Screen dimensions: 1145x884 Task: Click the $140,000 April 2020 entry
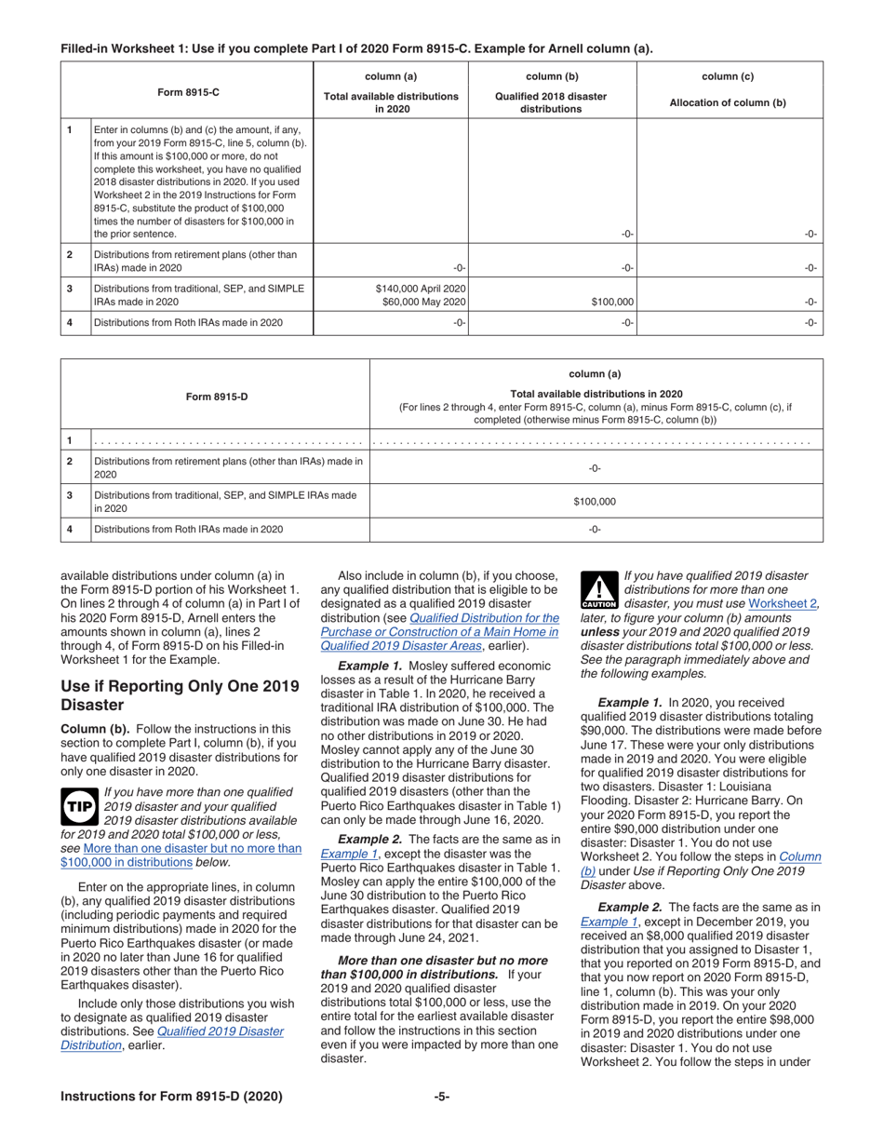click(420, 289)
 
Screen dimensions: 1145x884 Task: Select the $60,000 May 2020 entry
click(420, 303)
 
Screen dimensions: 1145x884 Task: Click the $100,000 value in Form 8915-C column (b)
click(612, 303)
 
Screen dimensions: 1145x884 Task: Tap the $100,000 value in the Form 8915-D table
click(595, 501)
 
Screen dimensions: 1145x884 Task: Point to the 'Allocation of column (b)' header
click(728, 103)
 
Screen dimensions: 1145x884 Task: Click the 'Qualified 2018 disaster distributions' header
click(551, 103)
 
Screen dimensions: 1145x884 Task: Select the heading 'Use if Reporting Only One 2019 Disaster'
click(180, 695)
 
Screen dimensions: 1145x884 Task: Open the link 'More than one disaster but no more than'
click(192, 848)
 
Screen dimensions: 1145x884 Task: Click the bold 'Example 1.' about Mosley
click(369, 667)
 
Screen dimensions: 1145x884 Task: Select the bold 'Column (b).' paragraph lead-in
click(97, 728)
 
